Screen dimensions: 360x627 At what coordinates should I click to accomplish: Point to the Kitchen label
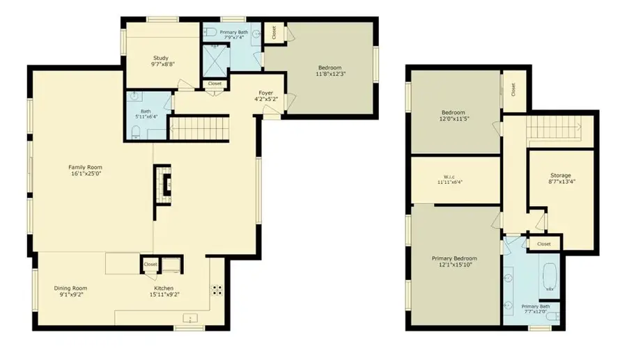click(x=164, y=292)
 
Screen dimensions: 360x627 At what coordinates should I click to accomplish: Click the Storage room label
click(x=560, y=179)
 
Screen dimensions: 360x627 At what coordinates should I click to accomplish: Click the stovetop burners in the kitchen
click(x=217, y=290)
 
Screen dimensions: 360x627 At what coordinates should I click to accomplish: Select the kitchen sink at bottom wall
click(x=189, y=319)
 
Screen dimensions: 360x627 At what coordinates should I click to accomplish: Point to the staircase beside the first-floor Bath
click(x=199, y=129)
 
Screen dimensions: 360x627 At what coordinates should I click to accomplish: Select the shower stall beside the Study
click(x=215, y=61)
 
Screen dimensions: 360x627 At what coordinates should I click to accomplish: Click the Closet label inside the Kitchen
click(x=150, y=265)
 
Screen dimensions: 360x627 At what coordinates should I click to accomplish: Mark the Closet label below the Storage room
click(x=543, y=244)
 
